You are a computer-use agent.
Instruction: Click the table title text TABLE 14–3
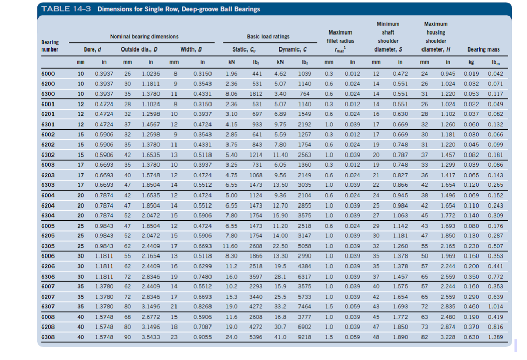tap(66, 9)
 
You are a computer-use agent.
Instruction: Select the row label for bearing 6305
tap(48, 246)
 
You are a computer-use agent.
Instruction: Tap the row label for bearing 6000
tap(48, 74)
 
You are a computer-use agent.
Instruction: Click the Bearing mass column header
tap(483, 49)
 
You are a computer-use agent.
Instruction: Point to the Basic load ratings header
tap(268, 37)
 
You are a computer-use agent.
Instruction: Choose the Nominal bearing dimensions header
tap(144, 37)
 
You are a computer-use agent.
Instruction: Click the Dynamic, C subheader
tap(292, 49)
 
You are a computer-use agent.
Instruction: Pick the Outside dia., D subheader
tap(139, 49)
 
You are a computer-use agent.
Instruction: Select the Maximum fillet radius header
tap(340, 41)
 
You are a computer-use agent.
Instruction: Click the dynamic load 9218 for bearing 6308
tap(305, 337)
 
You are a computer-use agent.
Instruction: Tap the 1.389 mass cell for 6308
tap(496, 337)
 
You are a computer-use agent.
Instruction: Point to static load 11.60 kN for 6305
tap(230, 246)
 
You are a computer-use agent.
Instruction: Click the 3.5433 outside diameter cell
tap(151, 337)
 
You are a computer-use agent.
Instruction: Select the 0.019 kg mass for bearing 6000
tap(471, 74)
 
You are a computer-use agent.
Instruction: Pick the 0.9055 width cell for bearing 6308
tap(202, 337)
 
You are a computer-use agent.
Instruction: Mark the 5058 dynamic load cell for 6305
tap(305, 246)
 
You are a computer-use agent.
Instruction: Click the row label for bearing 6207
tap(48, 297)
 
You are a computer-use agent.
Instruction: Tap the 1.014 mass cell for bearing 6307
tap(496, 307)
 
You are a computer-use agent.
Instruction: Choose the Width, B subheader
tap(191, 49)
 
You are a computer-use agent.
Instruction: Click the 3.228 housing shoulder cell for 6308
tap(448, 337)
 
